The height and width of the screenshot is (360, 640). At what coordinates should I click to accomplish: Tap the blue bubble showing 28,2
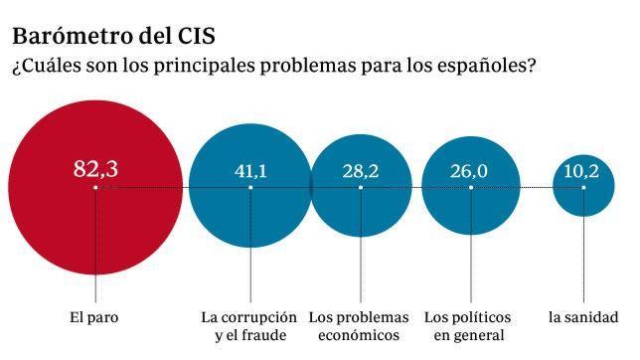click(361, 214)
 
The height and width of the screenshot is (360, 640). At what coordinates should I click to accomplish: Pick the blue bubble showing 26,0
click(471, 214)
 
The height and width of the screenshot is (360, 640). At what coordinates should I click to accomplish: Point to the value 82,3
click(95, 168)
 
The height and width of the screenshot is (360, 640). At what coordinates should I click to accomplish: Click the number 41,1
click(250, 171)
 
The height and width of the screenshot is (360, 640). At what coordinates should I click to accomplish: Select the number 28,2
click(361, 171)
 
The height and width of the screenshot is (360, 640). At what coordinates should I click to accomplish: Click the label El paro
click(95, 318)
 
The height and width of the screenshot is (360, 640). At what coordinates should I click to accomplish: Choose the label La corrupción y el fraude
click(249, 326)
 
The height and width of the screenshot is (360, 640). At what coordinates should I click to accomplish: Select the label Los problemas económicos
click(360, 326)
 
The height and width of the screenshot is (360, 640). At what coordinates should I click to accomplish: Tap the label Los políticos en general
click(470, 326)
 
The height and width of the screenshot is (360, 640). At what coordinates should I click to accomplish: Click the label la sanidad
click(583, 318)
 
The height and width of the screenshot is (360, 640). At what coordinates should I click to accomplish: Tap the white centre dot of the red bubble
click(95, 187)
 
